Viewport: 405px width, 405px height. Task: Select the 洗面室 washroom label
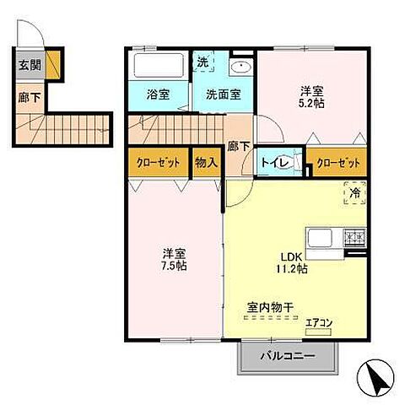click(x=223, y=94)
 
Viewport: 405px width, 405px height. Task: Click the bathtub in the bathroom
click(x=159, y=65)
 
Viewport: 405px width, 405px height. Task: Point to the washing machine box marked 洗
click(x=203, y=62)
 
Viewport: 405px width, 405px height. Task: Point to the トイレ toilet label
click(x=272, y=163)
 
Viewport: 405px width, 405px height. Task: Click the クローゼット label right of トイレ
click(x=338, y=162)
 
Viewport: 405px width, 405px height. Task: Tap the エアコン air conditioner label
click(x=318, y=321)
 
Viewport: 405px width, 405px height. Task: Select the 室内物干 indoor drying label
click(x=269, y=309)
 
